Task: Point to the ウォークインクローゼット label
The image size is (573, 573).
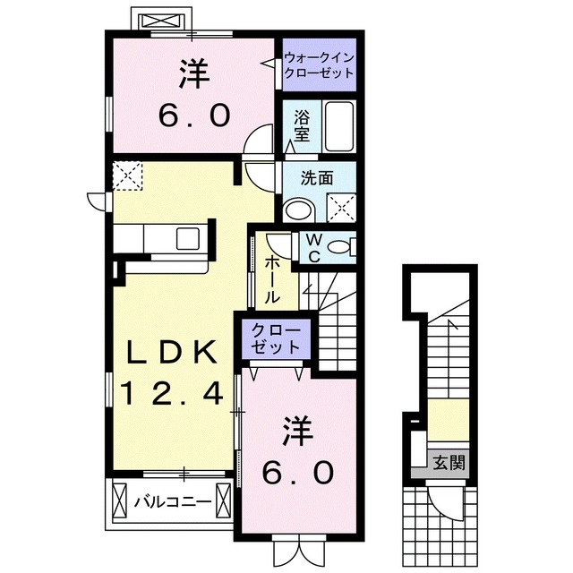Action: (320, 66)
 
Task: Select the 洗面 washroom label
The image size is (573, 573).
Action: (318, 178)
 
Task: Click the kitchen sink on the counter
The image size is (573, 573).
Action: (189, 239)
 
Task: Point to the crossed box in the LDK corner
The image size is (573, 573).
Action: (128, 175)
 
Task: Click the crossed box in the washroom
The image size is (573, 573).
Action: (340, 208)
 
